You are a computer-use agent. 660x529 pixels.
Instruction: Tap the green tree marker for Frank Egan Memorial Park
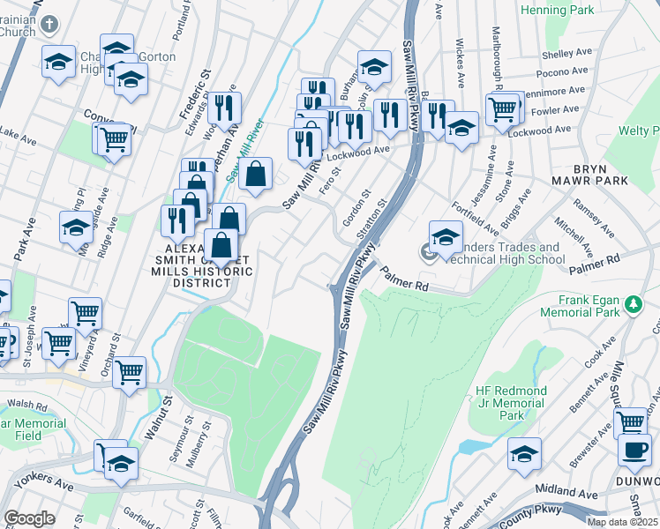[632, 304]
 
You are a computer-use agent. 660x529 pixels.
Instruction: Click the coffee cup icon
[634, 448]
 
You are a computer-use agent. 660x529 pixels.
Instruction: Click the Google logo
[29, 518]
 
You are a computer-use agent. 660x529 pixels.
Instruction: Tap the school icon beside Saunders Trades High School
[446, 236]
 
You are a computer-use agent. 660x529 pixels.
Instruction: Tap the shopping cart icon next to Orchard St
[130, 373]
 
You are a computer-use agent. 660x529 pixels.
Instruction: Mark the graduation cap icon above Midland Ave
[524, 454]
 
